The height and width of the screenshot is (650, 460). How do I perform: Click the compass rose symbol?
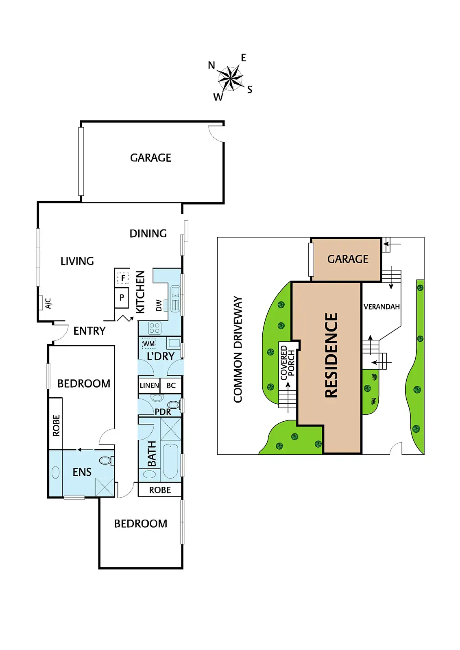coord(230,78)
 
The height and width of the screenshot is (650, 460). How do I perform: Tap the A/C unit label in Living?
coord(48,303)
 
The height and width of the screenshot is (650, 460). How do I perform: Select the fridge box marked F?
coord(122,278)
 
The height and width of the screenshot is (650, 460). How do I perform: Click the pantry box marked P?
coord(122,298)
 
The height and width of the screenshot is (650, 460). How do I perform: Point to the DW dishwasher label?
coord(159,305)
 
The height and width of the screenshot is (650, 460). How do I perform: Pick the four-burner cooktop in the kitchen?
coord(155,328)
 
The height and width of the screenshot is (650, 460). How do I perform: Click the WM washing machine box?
coord(149,344)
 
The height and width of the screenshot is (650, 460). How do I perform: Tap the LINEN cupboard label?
coord(149,385)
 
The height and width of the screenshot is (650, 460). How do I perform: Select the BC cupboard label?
coord(171,385)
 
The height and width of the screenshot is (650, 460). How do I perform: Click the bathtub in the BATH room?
coord(170,461)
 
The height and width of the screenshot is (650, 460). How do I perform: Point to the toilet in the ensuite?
coord(105,460)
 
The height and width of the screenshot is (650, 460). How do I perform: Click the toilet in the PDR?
coord(173,405)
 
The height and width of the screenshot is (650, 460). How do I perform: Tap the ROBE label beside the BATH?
coord(160,490)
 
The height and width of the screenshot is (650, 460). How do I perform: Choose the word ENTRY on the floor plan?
coord(89,331)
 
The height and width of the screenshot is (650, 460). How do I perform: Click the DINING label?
coord(148,233)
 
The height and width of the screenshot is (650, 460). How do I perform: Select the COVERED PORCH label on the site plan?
coord(287,362)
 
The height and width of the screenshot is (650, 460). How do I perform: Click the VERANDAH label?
coord(382,307)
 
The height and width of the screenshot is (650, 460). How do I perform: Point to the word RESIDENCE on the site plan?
coord(331,355)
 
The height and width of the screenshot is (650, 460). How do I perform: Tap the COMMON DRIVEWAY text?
coord(238,349)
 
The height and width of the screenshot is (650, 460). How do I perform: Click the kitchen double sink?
coord(175,299)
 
